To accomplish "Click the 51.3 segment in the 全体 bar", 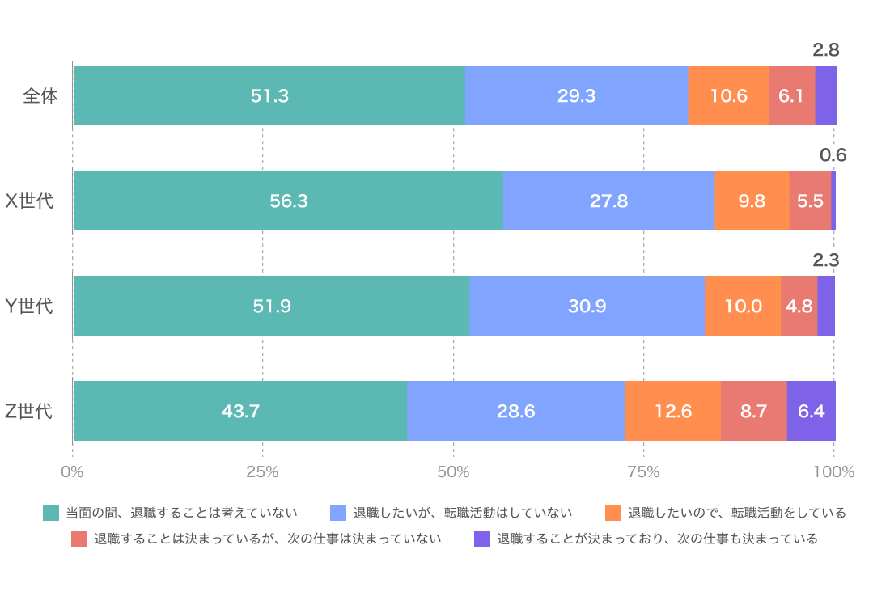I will click(x=269, y=95).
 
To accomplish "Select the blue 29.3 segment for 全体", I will click(x=576, y=95).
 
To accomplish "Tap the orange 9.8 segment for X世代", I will click(x=752, y=201).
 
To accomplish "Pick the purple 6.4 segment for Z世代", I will click(x=811, y=411).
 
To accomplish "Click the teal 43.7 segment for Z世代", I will click(x=240, y=411).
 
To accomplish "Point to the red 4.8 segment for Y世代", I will click(x=799, y=306).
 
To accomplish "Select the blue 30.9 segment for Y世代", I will click(x=587, y=306).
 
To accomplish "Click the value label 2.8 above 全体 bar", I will click(x=825, y=50).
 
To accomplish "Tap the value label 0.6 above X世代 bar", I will click(x=833, y=155).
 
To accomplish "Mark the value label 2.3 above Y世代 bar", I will click(x=825, y=260).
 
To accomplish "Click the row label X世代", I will click(x=30, y=201).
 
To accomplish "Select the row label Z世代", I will click(x=29, y=411).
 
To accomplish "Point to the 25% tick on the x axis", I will click(x=262, y=471).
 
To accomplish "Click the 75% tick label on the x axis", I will click(x=643, y=471).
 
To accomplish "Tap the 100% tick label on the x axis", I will click(x=833, y=471).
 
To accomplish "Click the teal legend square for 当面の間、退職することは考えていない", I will click(x=51, y=513).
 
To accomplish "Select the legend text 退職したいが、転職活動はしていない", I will click(x=462, y=513).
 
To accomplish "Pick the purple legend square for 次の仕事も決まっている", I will click(x=482, y=539).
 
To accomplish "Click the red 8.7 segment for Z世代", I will click(x=753, y=411).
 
